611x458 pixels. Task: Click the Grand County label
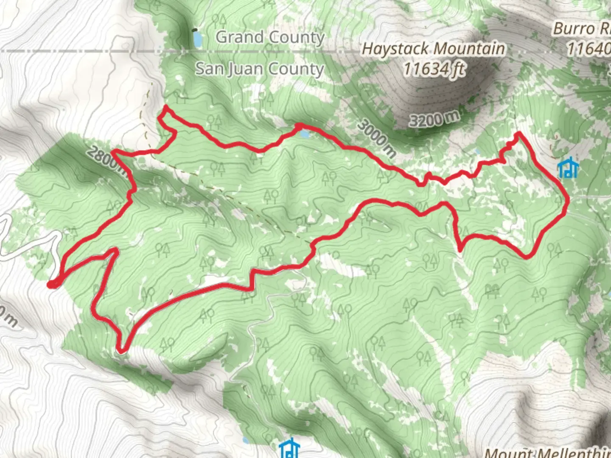pos(270,37)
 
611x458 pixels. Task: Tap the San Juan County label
pos(259,69)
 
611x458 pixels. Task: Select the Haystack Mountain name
pos(433,49)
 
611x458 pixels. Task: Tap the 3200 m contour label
pos(434,118)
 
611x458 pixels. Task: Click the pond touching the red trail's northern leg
pos(304,134)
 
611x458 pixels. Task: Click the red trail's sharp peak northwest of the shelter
pos(518,134)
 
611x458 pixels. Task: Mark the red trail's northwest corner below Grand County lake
pos(165,109)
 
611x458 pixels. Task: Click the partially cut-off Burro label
pos(581,29)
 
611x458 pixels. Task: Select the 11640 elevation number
pos(589,49)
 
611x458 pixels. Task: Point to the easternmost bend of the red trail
pos(567,204)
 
